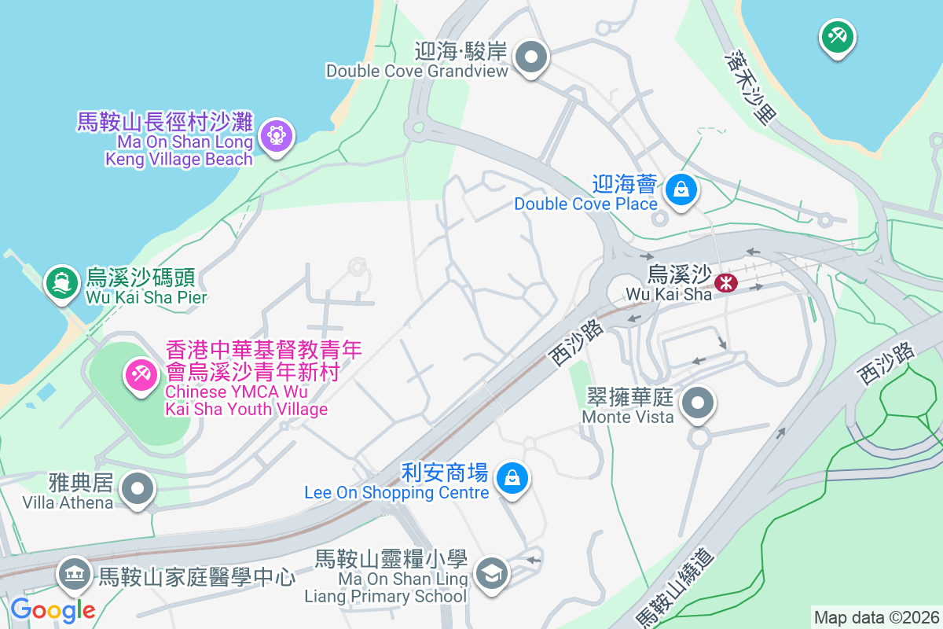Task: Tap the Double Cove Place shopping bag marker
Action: point(681,189)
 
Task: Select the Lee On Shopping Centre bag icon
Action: point(512,476)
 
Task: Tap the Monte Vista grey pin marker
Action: point(698,405)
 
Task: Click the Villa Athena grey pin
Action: point(138,488)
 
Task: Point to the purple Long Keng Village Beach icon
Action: point(276,136)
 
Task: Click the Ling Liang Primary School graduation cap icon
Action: point(492,573)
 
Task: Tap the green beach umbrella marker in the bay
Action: point(837,36)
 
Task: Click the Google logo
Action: point(53,609)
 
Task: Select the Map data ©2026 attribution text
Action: point(875,617)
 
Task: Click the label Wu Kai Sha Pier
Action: point(147,297)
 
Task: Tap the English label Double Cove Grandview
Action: point(417,71)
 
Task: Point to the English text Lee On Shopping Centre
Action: point(397,493)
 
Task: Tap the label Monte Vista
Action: point(628,416)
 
